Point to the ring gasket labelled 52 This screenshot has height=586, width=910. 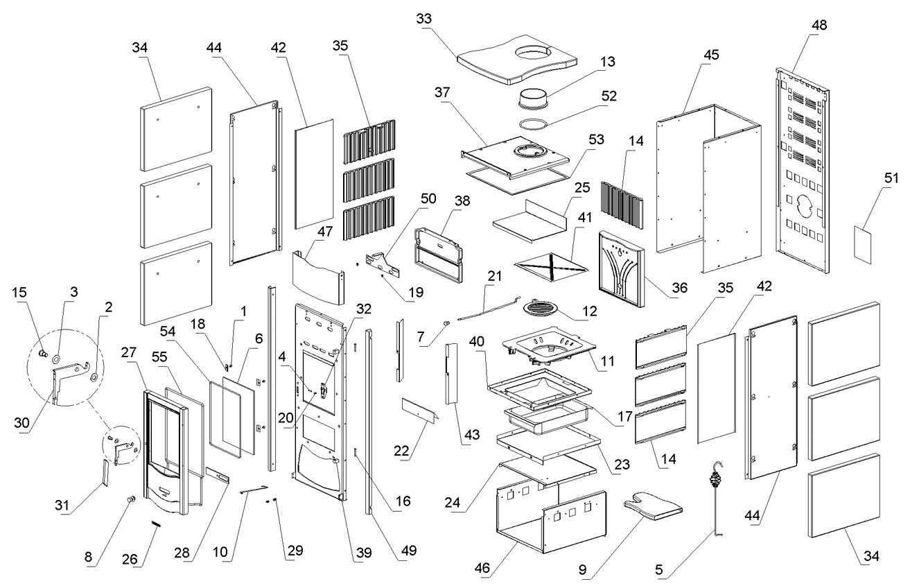pos(533,124)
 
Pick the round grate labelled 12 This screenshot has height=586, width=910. pos(548,307)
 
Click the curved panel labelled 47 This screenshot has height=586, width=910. pos(318,278)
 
